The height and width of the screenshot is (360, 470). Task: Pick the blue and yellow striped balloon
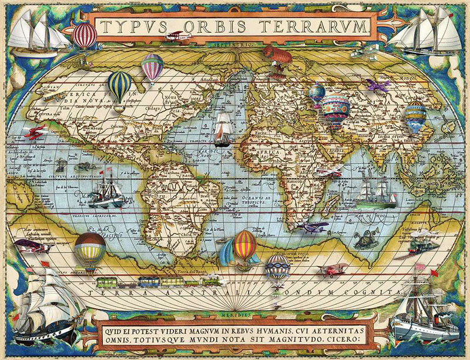120,86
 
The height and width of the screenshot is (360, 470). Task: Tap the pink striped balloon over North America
152,67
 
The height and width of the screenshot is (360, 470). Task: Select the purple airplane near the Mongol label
377,85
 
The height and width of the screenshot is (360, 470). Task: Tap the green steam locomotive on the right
425,237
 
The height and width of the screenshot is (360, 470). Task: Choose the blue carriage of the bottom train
176,281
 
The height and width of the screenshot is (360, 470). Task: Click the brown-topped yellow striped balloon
90,247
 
